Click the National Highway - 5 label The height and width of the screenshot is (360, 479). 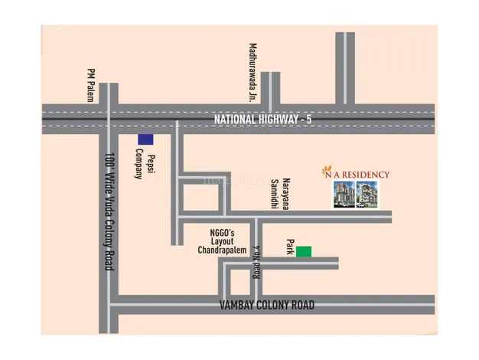tap(263, 119)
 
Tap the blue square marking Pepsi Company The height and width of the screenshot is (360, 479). tap(145, 139)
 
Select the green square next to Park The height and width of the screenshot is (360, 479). tap(305, 250)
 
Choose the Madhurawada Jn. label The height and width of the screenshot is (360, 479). tap(250, 72)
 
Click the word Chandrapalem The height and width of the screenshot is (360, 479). tap(219, 250)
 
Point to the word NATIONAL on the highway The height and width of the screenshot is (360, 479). tap(236, 119)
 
